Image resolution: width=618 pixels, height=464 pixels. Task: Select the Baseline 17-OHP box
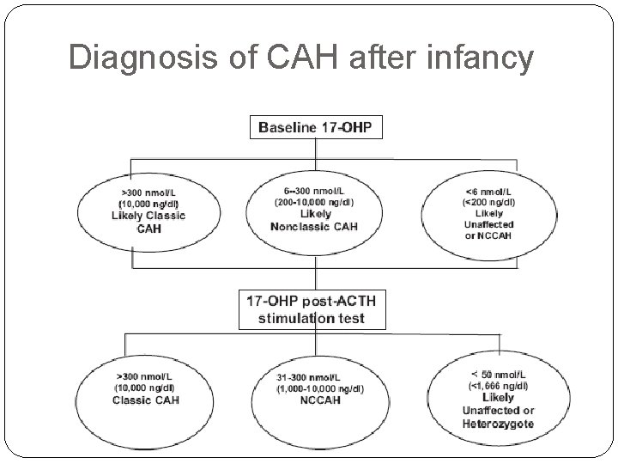coord(317,130)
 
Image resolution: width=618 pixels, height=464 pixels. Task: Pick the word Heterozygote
coord(498,424)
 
